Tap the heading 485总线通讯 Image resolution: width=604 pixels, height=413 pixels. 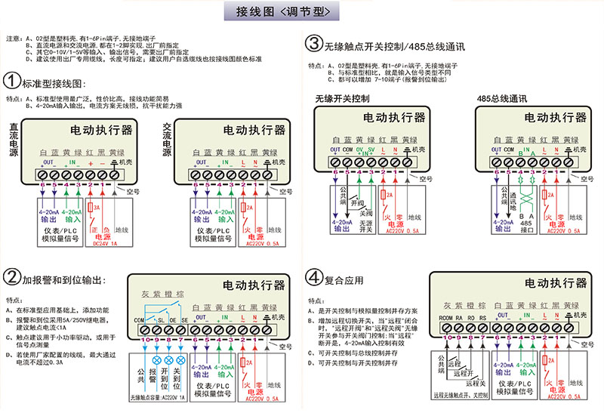tap(502, 98)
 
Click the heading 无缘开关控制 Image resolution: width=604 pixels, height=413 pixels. tap(342, 98)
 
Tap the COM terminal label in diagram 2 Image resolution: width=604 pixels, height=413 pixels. tap(138, 320)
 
